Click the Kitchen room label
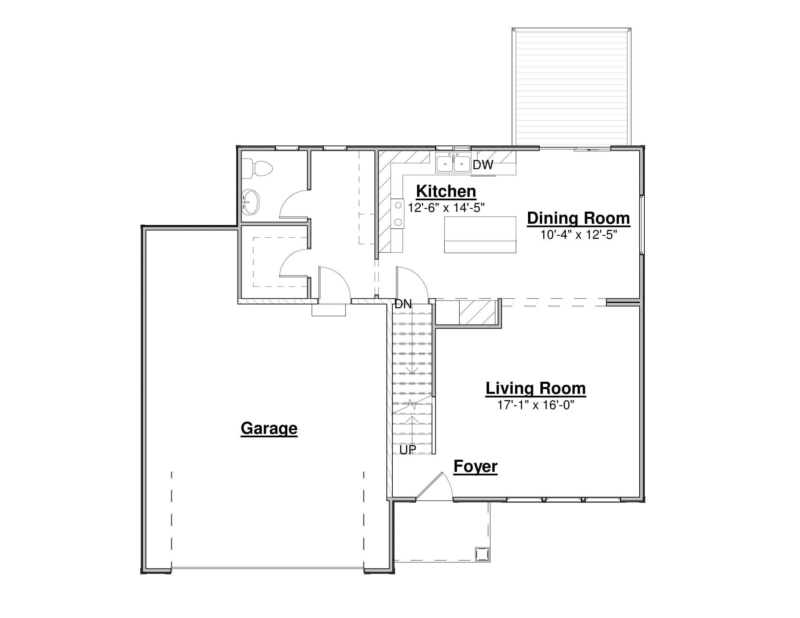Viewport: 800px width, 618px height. click(x=446, y=192)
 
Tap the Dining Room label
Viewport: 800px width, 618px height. click(x=579, y=218)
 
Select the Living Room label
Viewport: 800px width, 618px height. click(x=536, y=389)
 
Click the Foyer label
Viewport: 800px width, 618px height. click(x=476, y=467)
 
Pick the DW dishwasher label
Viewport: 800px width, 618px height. click(x=483, y=165)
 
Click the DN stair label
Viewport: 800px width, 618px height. click(x=403, y=304)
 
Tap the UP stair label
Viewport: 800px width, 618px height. click(x=408, y=450)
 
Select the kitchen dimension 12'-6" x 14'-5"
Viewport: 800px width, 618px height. click(x=446, y=208)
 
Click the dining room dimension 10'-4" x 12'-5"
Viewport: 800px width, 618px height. click(x=579, y=235)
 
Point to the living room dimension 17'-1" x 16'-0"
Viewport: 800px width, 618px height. click(x=536, y=405)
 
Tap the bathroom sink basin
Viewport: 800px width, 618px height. click(x=251, y=202)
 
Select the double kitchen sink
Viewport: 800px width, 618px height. click(x=453, y=163)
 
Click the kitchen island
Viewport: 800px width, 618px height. click(x=480, y=235)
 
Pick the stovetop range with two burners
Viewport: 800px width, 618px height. click(x=397, y=214)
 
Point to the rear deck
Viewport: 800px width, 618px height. click(x=571, y=87)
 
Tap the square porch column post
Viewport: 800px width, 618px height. click(x=482, y=554)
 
